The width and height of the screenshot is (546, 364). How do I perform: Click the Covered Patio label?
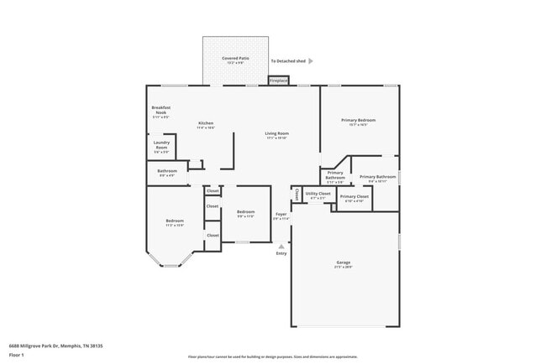(x=235, y=58)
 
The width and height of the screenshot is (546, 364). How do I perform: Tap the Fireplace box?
(x=278, y=81)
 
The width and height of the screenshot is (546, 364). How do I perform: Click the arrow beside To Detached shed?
(x=311, y=61)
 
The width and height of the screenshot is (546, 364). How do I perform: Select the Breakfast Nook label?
(x=160, y=110)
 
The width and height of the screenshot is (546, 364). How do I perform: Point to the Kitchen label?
(x=206, y=123)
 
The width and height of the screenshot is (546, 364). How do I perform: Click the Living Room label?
(x=277, y=133)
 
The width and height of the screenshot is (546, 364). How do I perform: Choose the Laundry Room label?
(x=161, y=145)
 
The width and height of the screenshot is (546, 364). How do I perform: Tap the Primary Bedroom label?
(x=358, y=121)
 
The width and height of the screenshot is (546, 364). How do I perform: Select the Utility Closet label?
(x=318, y=194)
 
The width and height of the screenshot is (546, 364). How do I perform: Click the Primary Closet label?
(x=354, y=196)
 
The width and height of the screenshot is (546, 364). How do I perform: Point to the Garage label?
(x=344, y=263)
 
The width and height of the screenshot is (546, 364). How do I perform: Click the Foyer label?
(x=281, y=215)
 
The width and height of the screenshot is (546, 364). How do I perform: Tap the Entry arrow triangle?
(x=281, y=247)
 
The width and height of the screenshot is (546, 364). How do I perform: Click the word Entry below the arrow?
(x=281, y=254)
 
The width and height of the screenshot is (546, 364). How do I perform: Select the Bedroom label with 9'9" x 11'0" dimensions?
(x=245, y=212)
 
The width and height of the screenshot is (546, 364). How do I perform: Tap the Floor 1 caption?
(x=17, y=355)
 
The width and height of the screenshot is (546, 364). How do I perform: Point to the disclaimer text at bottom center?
(x=273, y=357)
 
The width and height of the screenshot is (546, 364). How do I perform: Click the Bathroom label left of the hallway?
(x=166, y=171)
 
